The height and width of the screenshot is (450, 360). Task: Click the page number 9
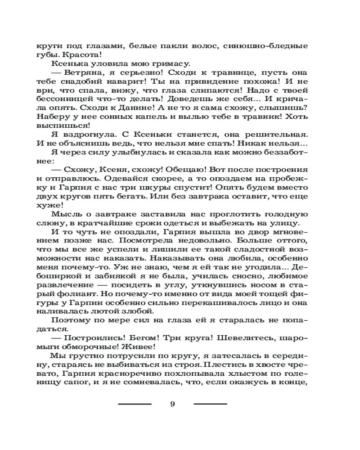click(172, 404)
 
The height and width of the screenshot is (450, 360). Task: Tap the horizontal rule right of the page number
click(210, 404)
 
